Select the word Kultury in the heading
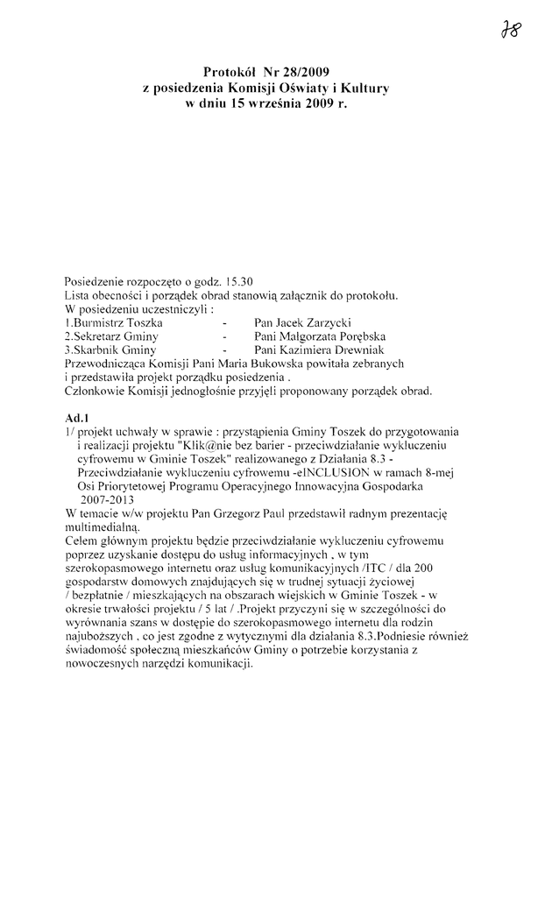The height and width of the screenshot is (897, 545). pyautogui.click(x=363, y=88)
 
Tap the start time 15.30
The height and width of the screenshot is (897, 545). pyautogui.click(x=238, y=281)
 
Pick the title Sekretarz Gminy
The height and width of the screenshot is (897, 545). pyautogui.click(x=110, y=336)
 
